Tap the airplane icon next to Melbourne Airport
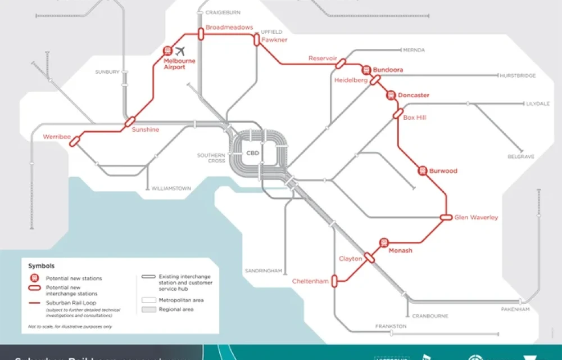click(180, 51)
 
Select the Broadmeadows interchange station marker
click(200, 34)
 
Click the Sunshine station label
click(145, 130)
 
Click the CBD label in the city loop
click(253, 152)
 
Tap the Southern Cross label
click(211, 158)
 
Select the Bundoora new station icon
click(366, 70)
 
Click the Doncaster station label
click(413, 96)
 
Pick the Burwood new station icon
click(423, 170)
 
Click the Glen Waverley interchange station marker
click(446, 217)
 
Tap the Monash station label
click(401, 251)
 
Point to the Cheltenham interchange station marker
click(334, 280)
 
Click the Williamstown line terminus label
click(171, 188)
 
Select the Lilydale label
click(538, 104)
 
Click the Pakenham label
click(515, 309)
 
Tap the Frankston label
click(392, 326)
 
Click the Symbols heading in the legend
click(42, 265)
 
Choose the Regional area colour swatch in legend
click(148, 310)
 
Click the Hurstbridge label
click(518, 75)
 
